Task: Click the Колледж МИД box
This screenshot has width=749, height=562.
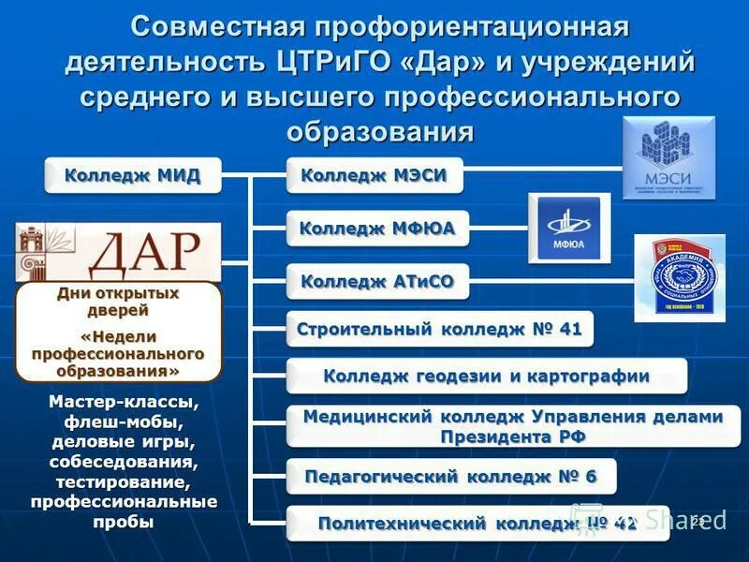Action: [x=132, y=175]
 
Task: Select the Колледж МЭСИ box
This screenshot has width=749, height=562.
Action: [x=374, y=175]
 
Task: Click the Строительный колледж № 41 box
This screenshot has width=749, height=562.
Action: [x=439, y=329]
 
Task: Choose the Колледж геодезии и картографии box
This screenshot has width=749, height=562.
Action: [x=486, y=377]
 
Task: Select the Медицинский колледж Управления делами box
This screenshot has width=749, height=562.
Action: [x=512, y=425]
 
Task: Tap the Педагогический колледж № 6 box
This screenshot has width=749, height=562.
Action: [x=450, y=476]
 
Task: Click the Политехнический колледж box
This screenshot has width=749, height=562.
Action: [x=477, y=523]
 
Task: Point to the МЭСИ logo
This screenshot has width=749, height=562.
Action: [x=668, y=157]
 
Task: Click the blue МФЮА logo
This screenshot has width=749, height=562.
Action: [x=569, y=228]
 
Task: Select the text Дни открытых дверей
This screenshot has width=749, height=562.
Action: [x=118, y=301]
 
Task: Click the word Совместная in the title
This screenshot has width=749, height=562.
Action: [x=214, y=27]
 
